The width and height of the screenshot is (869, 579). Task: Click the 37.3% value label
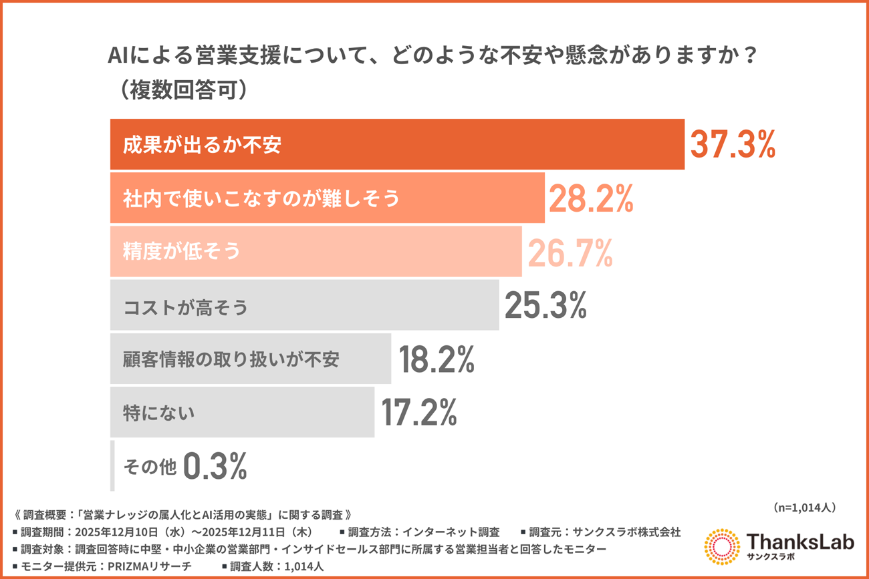click(x=732, y=144)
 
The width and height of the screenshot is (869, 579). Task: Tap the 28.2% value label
click(x=590, y=198)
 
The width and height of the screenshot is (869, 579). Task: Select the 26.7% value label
click(x=570, y=251)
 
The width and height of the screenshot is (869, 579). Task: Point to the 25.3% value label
click(x=545, y=305)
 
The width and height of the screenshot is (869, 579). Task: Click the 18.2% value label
click(x=437, y=359)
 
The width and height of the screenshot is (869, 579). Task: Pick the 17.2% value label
click(x=418, y=412)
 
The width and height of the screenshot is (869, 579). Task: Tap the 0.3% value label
click(x=215, y=466)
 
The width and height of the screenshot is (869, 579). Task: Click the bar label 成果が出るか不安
click(x=202, y=145)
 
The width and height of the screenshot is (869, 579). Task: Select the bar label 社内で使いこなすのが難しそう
click(x=261, y=198)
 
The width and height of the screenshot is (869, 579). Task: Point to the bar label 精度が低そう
click(x=181, y=252)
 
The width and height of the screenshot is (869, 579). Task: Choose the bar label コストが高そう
click(x=186, y=307)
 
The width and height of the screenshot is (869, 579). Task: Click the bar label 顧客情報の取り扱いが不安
click(x=231, y=359)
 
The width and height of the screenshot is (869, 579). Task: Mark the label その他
click(x=150, y=467)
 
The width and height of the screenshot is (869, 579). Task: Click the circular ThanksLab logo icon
click(x=722, y=547)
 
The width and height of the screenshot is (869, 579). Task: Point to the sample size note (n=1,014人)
click(x=803, y=508)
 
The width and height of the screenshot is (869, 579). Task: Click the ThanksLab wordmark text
click(x=799, y=542)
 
